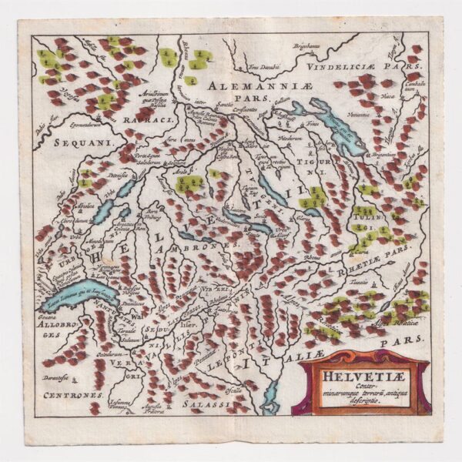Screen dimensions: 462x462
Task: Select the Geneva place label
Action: [x=51, y=315]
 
